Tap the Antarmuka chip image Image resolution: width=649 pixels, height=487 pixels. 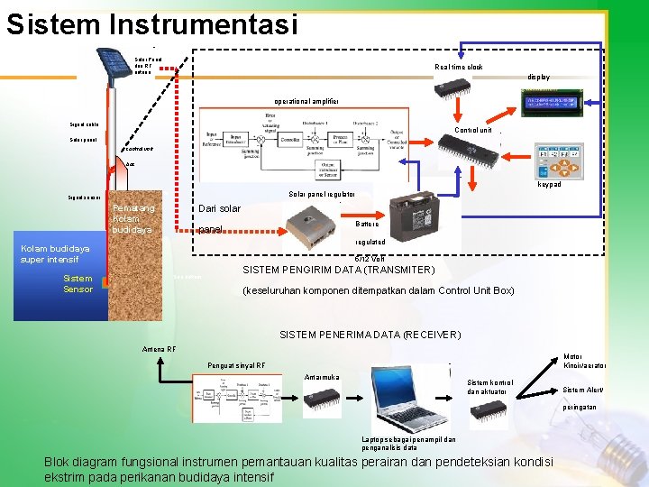tap(322, 397)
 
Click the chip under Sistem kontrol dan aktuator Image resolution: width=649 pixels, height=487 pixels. tap(489, 409)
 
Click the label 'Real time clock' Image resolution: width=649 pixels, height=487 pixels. tap(459, 68)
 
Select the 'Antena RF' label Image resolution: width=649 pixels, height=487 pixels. tap(160, 350)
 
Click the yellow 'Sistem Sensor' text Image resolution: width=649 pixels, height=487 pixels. tap(78, 284)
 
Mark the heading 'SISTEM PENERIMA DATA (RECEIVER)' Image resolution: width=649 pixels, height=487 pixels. tap(370, 335)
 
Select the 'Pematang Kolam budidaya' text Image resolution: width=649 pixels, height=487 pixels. tap(133, 219)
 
